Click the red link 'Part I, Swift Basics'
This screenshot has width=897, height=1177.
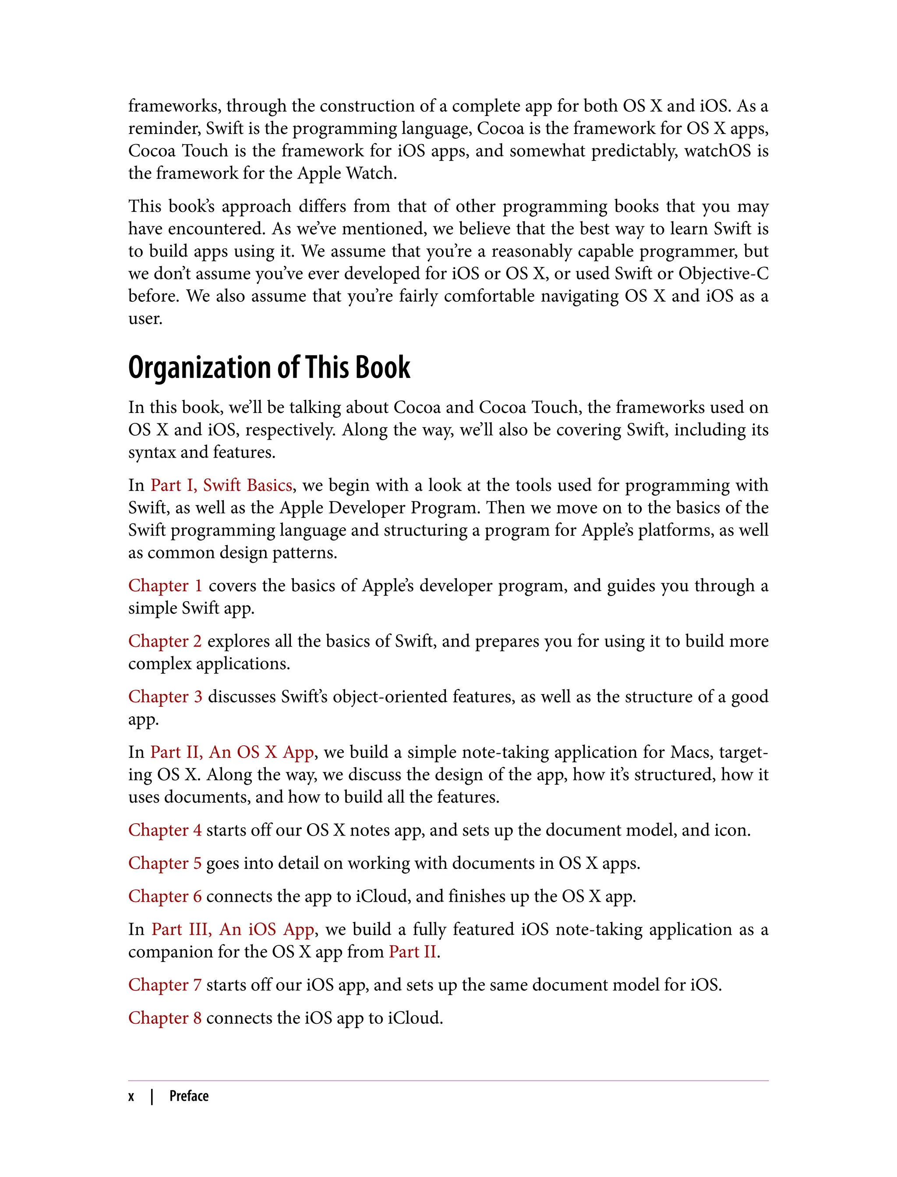point(221,485)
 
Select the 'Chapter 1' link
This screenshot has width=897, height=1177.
point(165,585)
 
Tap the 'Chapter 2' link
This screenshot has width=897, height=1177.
point(165,641)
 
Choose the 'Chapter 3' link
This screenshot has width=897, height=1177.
point(165,696)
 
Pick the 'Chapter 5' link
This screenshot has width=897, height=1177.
point(165,863)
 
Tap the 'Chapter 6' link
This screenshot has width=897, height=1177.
point(165,896)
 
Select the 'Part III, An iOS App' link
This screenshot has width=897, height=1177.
point(233,929)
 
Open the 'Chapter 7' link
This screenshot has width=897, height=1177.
point(165,984)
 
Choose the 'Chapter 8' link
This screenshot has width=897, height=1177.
point(165,1018)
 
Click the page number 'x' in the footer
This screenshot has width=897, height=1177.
point(131,1096)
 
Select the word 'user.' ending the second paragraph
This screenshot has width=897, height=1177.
point(145,319)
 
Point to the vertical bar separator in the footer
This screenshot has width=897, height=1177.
point(152,1096)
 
